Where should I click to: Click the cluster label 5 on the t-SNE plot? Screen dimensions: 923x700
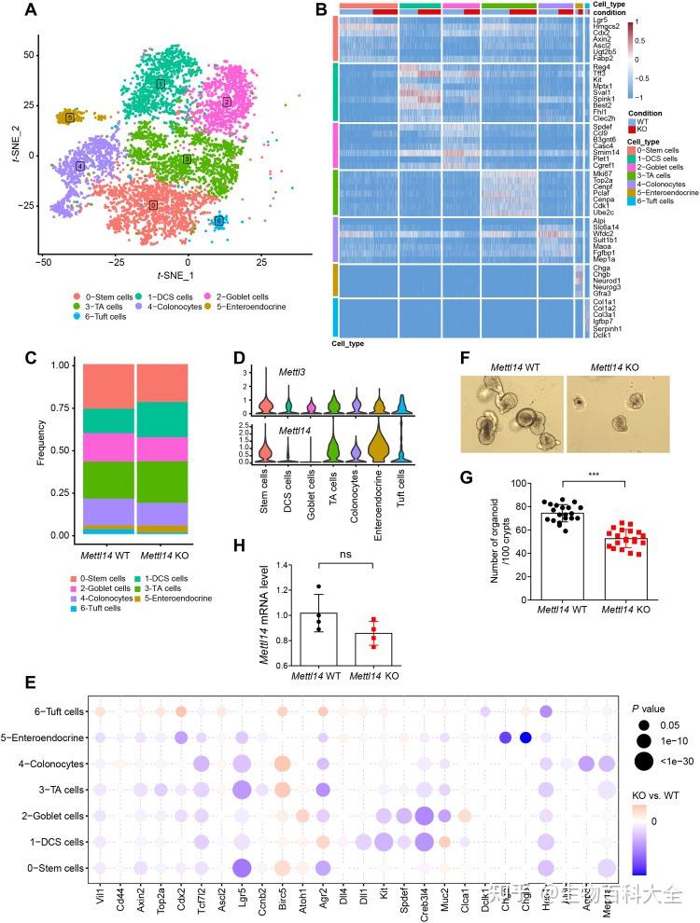tap(69, 117)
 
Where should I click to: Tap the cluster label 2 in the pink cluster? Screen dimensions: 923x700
tap(226, 102)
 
